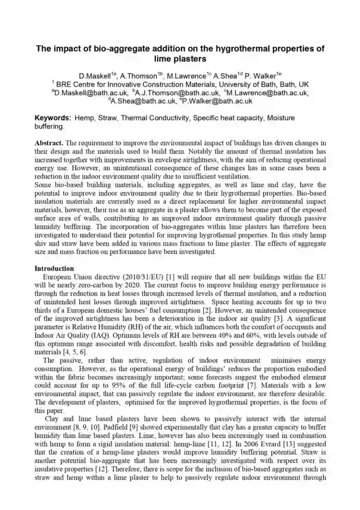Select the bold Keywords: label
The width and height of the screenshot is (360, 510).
pyautogui.click(x=53, y=118)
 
